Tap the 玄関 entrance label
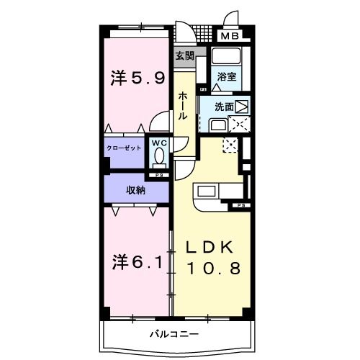click(184, 55)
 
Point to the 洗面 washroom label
click(223, 106)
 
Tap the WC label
click(159, 143)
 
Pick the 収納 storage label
click(137, 190)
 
